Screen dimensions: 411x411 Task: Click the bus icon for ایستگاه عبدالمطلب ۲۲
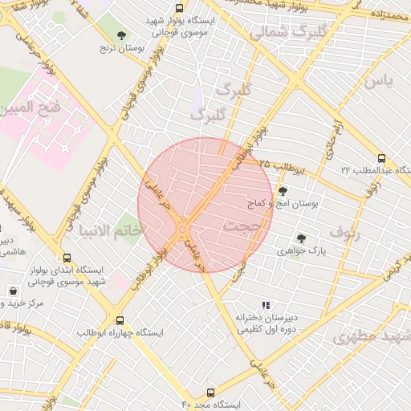(x=381, y=158)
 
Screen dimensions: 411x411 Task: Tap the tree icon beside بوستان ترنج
(x=121, y=35)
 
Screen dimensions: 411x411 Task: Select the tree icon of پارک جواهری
(x=301, y=238)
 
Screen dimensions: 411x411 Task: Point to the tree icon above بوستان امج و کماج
(x=283, y=190)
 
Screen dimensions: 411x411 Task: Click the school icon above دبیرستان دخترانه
(x=266, y=305)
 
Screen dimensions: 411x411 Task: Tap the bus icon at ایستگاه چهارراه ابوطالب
(x=120, y=319)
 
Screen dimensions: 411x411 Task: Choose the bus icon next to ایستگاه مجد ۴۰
(x=210, y=393)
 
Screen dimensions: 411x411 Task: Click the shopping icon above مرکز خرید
(x=14, y=291)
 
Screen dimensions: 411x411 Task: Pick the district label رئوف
(x=344, y=234)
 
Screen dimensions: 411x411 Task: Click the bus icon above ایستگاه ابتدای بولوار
(x=67, y=258)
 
